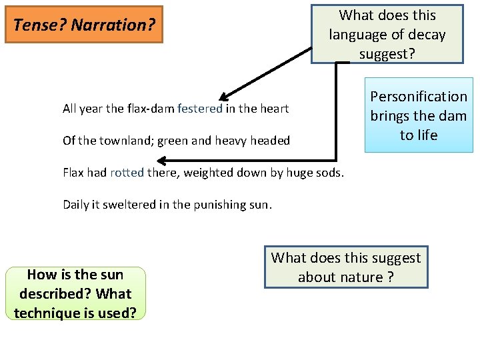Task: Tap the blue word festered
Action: pos(200,109)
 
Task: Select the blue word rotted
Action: pos(127,173)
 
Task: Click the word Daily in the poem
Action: pos(76,205)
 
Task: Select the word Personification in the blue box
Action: pos(419,97)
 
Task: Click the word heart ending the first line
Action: pos(275,109)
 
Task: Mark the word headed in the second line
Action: pos(271,141)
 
